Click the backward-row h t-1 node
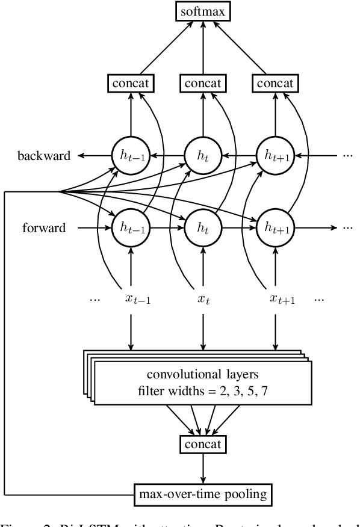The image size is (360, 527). click(x=130, y=156)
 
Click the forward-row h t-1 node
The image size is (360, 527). click(x=130, y=228)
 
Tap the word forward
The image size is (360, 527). click(x=43, y=228)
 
